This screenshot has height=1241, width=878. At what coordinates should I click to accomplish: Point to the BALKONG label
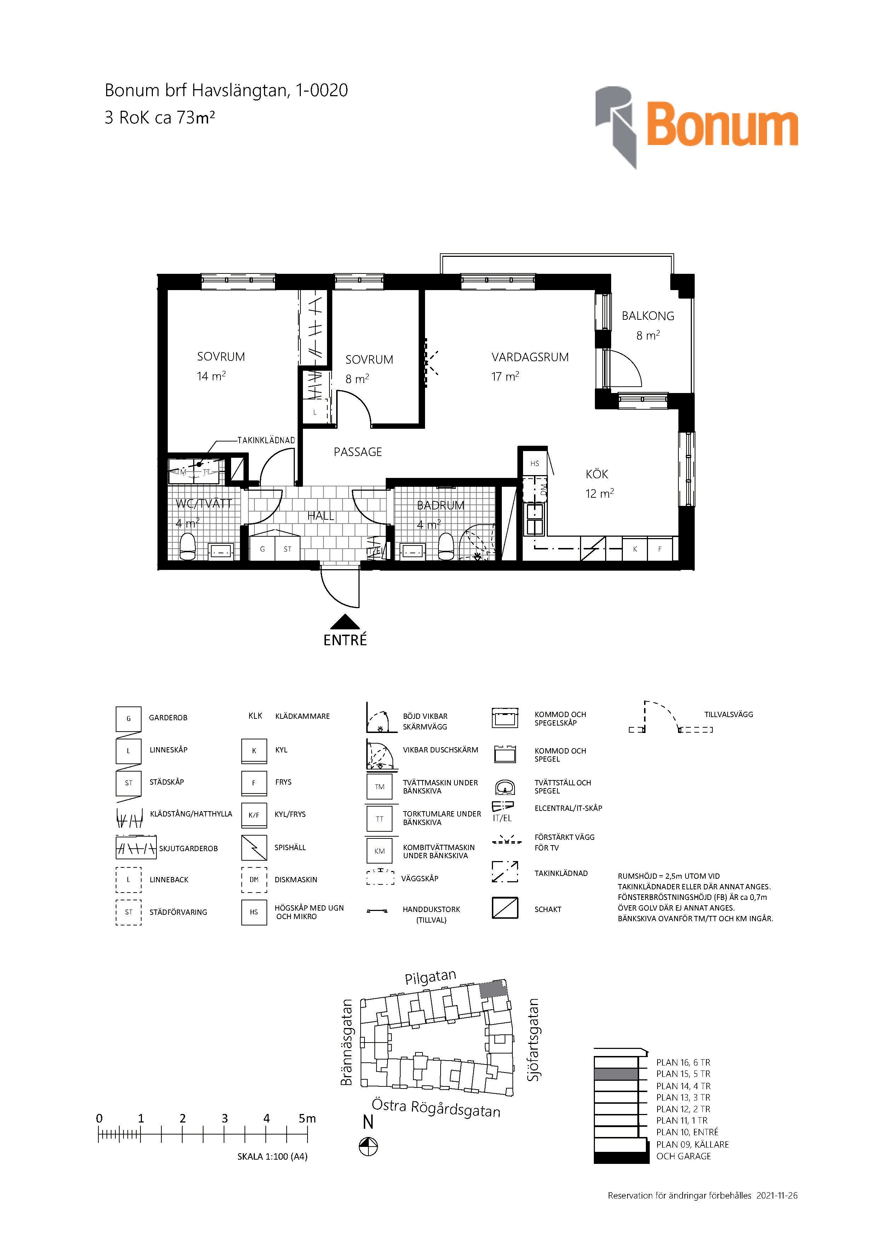tap(648, 316)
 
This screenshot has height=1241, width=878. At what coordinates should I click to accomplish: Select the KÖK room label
tap(597, 474)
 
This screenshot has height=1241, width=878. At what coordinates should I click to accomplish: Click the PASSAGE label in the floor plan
tap(357, 452)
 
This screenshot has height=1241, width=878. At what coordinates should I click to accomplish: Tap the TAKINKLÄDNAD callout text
tap(266, 440)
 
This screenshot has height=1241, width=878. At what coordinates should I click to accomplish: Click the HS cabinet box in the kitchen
tap(535, 463)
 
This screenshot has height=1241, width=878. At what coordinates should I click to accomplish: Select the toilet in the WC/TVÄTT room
tap(188, 547)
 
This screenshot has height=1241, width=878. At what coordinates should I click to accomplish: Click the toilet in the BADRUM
tap(446, 547)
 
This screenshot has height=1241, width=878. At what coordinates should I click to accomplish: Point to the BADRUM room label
tap(441, 506)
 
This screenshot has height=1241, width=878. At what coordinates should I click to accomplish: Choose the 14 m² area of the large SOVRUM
tap(211, 376)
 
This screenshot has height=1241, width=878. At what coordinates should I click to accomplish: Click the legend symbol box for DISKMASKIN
tap(254, 879)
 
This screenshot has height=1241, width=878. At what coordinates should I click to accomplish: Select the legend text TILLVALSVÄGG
tap(728, 715)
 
